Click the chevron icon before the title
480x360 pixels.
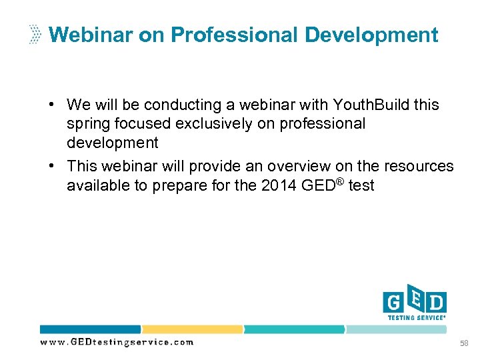(x=35, y=35)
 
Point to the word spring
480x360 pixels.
(x=87, y=124)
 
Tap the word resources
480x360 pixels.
(x=419, y=166)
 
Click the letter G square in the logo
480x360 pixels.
(x=393, y=303)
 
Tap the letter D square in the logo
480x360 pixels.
(x=436, y=303)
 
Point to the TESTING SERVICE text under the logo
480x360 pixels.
(x=416, y=318)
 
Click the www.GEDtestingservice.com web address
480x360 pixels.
(x=117, y=342)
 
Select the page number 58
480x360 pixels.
(x=464, y=343)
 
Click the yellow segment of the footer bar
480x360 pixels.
(x=192, y=329)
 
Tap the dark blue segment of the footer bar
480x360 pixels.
(x=90, y=329)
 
